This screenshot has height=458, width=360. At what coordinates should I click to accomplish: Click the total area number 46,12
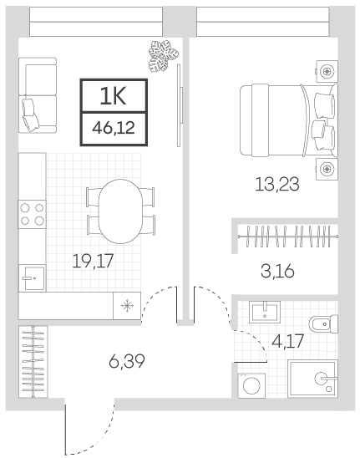point(114,128)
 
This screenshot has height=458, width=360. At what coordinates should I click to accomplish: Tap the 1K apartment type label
point(113,96)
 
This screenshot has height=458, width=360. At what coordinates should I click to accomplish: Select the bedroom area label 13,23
point(277,185)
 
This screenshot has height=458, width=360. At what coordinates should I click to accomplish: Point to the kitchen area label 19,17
point(93,261)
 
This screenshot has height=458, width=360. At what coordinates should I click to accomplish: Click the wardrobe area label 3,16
point(277,272)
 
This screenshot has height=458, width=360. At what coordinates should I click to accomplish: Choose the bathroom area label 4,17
point(288,341)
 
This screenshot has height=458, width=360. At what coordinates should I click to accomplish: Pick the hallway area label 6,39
point(127,362)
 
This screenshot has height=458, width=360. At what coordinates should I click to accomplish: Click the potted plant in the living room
point(163,56)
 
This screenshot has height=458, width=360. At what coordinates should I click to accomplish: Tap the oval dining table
point(120,211)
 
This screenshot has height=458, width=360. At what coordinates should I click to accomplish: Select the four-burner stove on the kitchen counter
point(32,215)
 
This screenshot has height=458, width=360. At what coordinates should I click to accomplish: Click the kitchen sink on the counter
point(32,277)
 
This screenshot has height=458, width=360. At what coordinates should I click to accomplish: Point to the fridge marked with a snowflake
point(127,306)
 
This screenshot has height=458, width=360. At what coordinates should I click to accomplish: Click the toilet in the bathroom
point(323,324)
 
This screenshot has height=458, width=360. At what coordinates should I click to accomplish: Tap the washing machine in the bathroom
point(251,385)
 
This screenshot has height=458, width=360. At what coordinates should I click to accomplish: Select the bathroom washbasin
point(265,312)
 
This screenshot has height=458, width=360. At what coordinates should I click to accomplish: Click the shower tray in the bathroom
point(312,379)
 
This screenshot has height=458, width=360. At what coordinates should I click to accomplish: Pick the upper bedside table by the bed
point(327,71)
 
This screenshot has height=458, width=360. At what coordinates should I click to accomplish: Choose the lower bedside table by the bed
point(327,169)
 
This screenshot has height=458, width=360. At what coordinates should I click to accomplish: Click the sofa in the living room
point(38,95)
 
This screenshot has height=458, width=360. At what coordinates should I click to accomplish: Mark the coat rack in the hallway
point(33,362)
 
